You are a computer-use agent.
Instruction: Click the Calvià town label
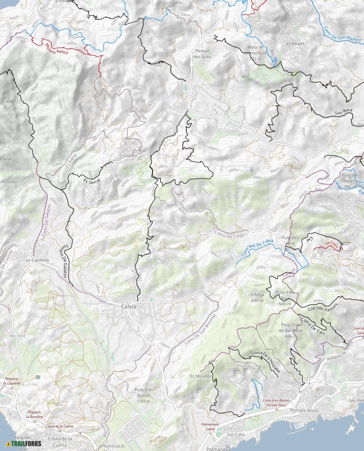tap(128, 306)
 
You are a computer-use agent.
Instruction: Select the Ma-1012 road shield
tap(17, 336)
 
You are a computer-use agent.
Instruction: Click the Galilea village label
tap(131, 155)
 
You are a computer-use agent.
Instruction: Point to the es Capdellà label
tap(37, 260)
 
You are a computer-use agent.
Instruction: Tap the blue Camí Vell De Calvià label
tap(257, 248)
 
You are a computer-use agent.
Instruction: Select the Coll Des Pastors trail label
tap(323, 307)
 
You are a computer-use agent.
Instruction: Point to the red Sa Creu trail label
tap(333, 245)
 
